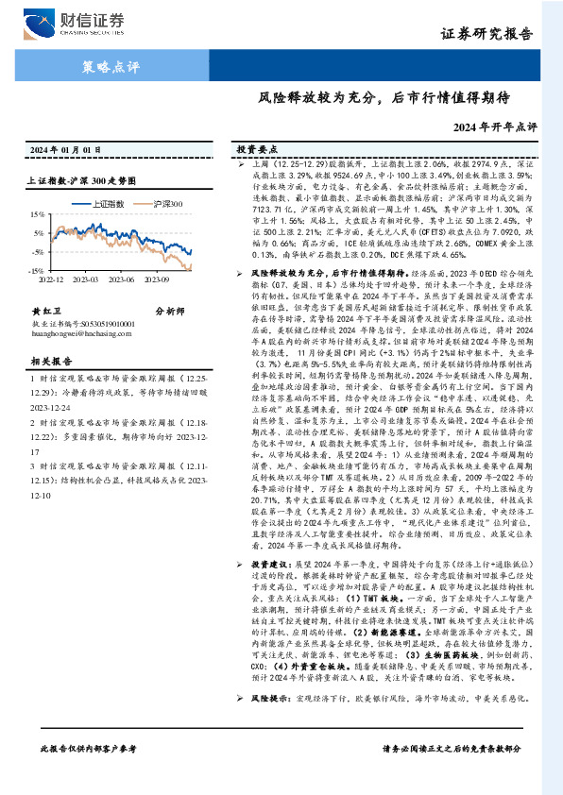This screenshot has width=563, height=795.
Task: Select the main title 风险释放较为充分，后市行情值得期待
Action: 384,96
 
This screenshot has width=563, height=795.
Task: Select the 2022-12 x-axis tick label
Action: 52,279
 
